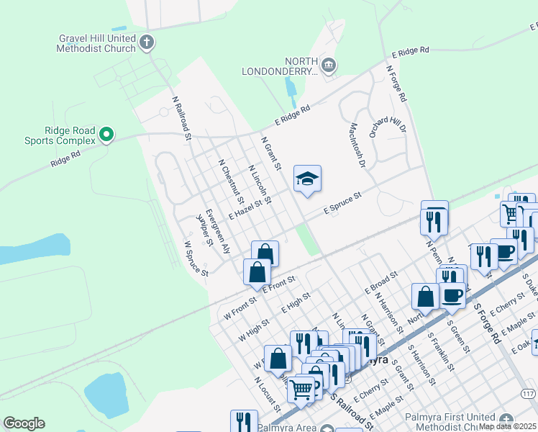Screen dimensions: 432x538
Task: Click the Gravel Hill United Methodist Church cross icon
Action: pos(147,42)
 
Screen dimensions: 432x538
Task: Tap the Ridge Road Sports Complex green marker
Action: pos(106,134)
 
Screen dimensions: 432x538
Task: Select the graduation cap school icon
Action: pos(307,179)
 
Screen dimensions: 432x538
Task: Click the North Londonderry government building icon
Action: pos(328,66)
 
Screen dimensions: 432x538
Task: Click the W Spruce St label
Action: pos(196,259)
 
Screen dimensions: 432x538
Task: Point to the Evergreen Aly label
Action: pos(218,231)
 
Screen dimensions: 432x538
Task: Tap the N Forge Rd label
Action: pos(396,84)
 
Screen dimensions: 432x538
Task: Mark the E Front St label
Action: pos(280,283)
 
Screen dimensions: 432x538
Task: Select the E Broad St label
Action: pos(381,283)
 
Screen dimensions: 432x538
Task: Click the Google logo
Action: pos(24,423)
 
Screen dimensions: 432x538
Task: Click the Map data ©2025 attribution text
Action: pos(508,426)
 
